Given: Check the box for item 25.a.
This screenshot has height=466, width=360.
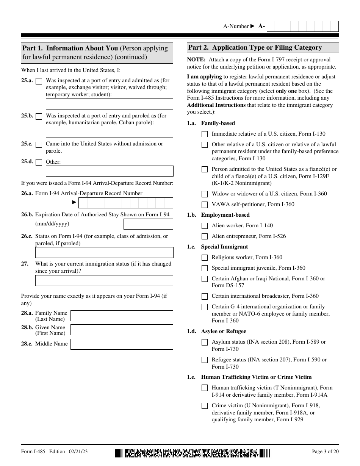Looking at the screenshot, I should click(x=39, y=81).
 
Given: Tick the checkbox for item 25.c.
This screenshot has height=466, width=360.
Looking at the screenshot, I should click(x=39, y=144).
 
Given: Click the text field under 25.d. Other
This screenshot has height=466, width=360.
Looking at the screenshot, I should click(x=110, y=171).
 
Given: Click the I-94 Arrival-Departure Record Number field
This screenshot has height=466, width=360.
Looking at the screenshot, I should click(x=125, y=203).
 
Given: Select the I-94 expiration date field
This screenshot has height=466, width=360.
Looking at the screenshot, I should click(x=148, y=224).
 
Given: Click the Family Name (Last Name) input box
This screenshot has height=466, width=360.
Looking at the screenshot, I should click(x=122, y=316).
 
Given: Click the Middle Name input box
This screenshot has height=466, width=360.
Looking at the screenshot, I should click(x=122, y=344).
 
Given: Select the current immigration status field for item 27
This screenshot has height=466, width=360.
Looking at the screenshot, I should click(x=104, y=280).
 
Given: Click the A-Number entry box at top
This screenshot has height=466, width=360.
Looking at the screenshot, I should click(x=303, y=26).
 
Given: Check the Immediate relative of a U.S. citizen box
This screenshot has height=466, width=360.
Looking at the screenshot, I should click(x=205, y=134).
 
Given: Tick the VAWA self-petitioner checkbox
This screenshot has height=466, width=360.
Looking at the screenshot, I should click(x=205, y=205).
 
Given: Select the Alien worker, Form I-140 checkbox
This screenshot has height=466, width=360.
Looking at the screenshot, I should click(x=205, y=226).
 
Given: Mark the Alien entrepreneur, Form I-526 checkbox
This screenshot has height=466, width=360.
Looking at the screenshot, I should click(x=205, y=236).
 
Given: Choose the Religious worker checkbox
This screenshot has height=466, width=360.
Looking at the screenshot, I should click(x=205, y=258).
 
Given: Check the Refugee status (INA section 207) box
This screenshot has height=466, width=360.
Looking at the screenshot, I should click(x=205, y=360).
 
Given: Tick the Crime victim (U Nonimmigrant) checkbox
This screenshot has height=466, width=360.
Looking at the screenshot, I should click(x=205, y=406).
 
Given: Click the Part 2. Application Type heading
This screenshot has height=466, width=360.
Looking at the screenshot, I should click(x=255, y=48).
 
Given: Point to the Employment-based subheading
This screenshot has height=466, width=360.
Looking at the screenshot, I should click(x=225, y=215).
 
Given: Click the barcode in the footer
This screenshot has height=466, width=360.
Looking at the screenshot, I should click(x=193, y=453).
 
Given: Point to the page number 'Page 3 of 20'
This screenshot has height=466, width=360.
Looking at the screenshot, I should click(x=325, y=452).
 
